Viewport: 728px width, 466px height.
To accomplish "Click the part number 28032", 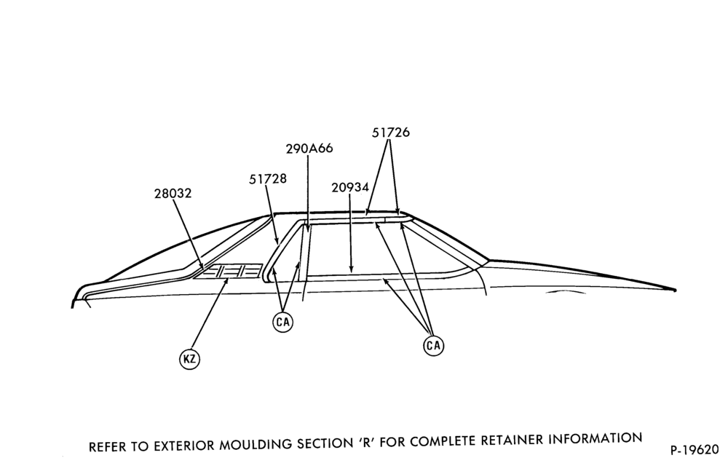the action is point(173,193).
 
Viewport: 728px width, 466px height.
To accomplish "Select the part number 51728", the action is point(268,178).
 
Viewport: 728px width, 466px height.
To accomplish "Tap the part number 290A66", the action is point(309,149).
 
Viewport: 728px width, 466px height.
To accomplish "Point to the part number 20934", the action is point(350,188).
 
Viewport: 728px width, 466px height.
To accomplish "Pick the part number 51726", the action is point(391,133).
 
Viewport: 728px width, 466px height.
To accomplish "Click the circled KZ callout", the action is point(189,359).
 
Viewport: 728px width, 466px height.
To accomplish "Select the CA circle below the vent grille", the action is point(282,322).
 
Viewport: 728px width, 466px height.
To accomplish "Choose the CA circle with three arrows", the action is point(434,345).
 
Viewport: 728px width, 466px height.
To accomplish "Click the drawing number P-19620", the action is point(695,450).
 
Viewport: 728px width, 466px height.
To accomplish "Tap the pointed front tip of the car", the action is point(675,290).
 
